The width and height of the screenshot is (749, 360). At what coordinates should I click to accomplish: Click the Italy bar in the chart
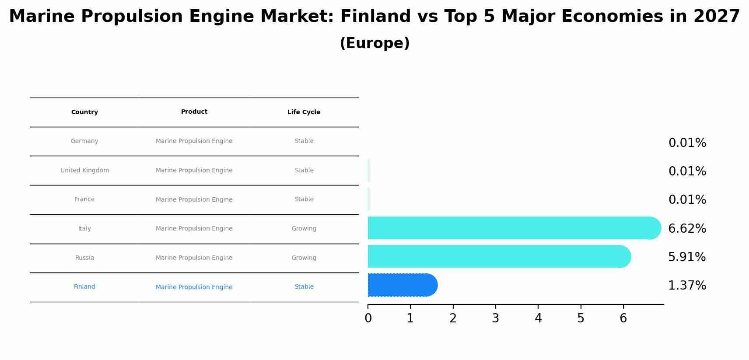(x=512, y=228)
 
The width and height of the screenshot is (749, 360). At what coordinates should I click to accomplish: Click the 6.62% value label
(x=687, y=228)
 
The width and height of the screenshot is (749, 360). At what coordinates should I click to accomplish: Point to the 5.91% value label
(x=687, y=257)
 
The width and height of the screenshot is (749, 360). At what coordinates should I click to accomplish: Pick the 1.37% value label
(x=687, y=286)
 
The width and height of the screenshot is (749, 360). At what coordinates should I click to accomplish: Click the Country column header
(x=84, y=112)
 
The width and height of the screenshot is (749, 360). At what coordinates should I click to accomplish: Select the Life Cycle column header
(x=304, y=112)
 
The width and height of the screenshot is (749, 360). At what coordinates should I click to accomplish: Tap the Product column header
(x=194, y=112)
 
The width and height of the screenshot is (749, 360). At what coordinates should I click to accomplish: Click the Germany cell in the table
(x=84, y=141)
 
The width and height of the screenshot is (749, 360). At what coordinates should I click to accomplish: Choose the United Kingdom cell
(x=84, y=170)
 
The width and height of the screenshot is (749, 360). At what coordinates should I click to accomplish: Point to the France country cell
(x=84, y=199)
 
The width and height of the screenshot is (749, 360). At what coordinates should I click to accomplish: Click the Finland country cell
(x=84, y=287)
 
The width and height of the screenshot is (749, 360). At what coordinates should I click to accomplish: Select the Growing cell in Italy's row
(x=304, y=228)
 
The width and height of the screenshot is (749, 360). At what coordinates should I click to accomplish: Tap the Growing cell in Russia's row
(x=304, y=258)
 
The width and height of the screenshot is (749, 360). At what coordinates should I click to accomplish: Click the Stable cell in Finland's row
(x=304, y=287)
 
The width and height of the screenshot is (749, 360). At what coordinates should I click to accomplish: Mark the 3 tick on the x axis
(x=495, y=318)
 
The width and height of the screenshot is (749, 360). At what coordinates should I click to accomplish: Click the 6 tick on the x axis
(x=623, y=318)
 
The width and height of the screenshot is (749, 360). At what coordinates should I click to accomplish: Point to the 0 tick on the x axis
(x=368, y=318)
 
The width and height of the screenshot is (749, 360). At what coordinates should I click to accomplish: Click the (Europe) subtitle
(x=374, y=43)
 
